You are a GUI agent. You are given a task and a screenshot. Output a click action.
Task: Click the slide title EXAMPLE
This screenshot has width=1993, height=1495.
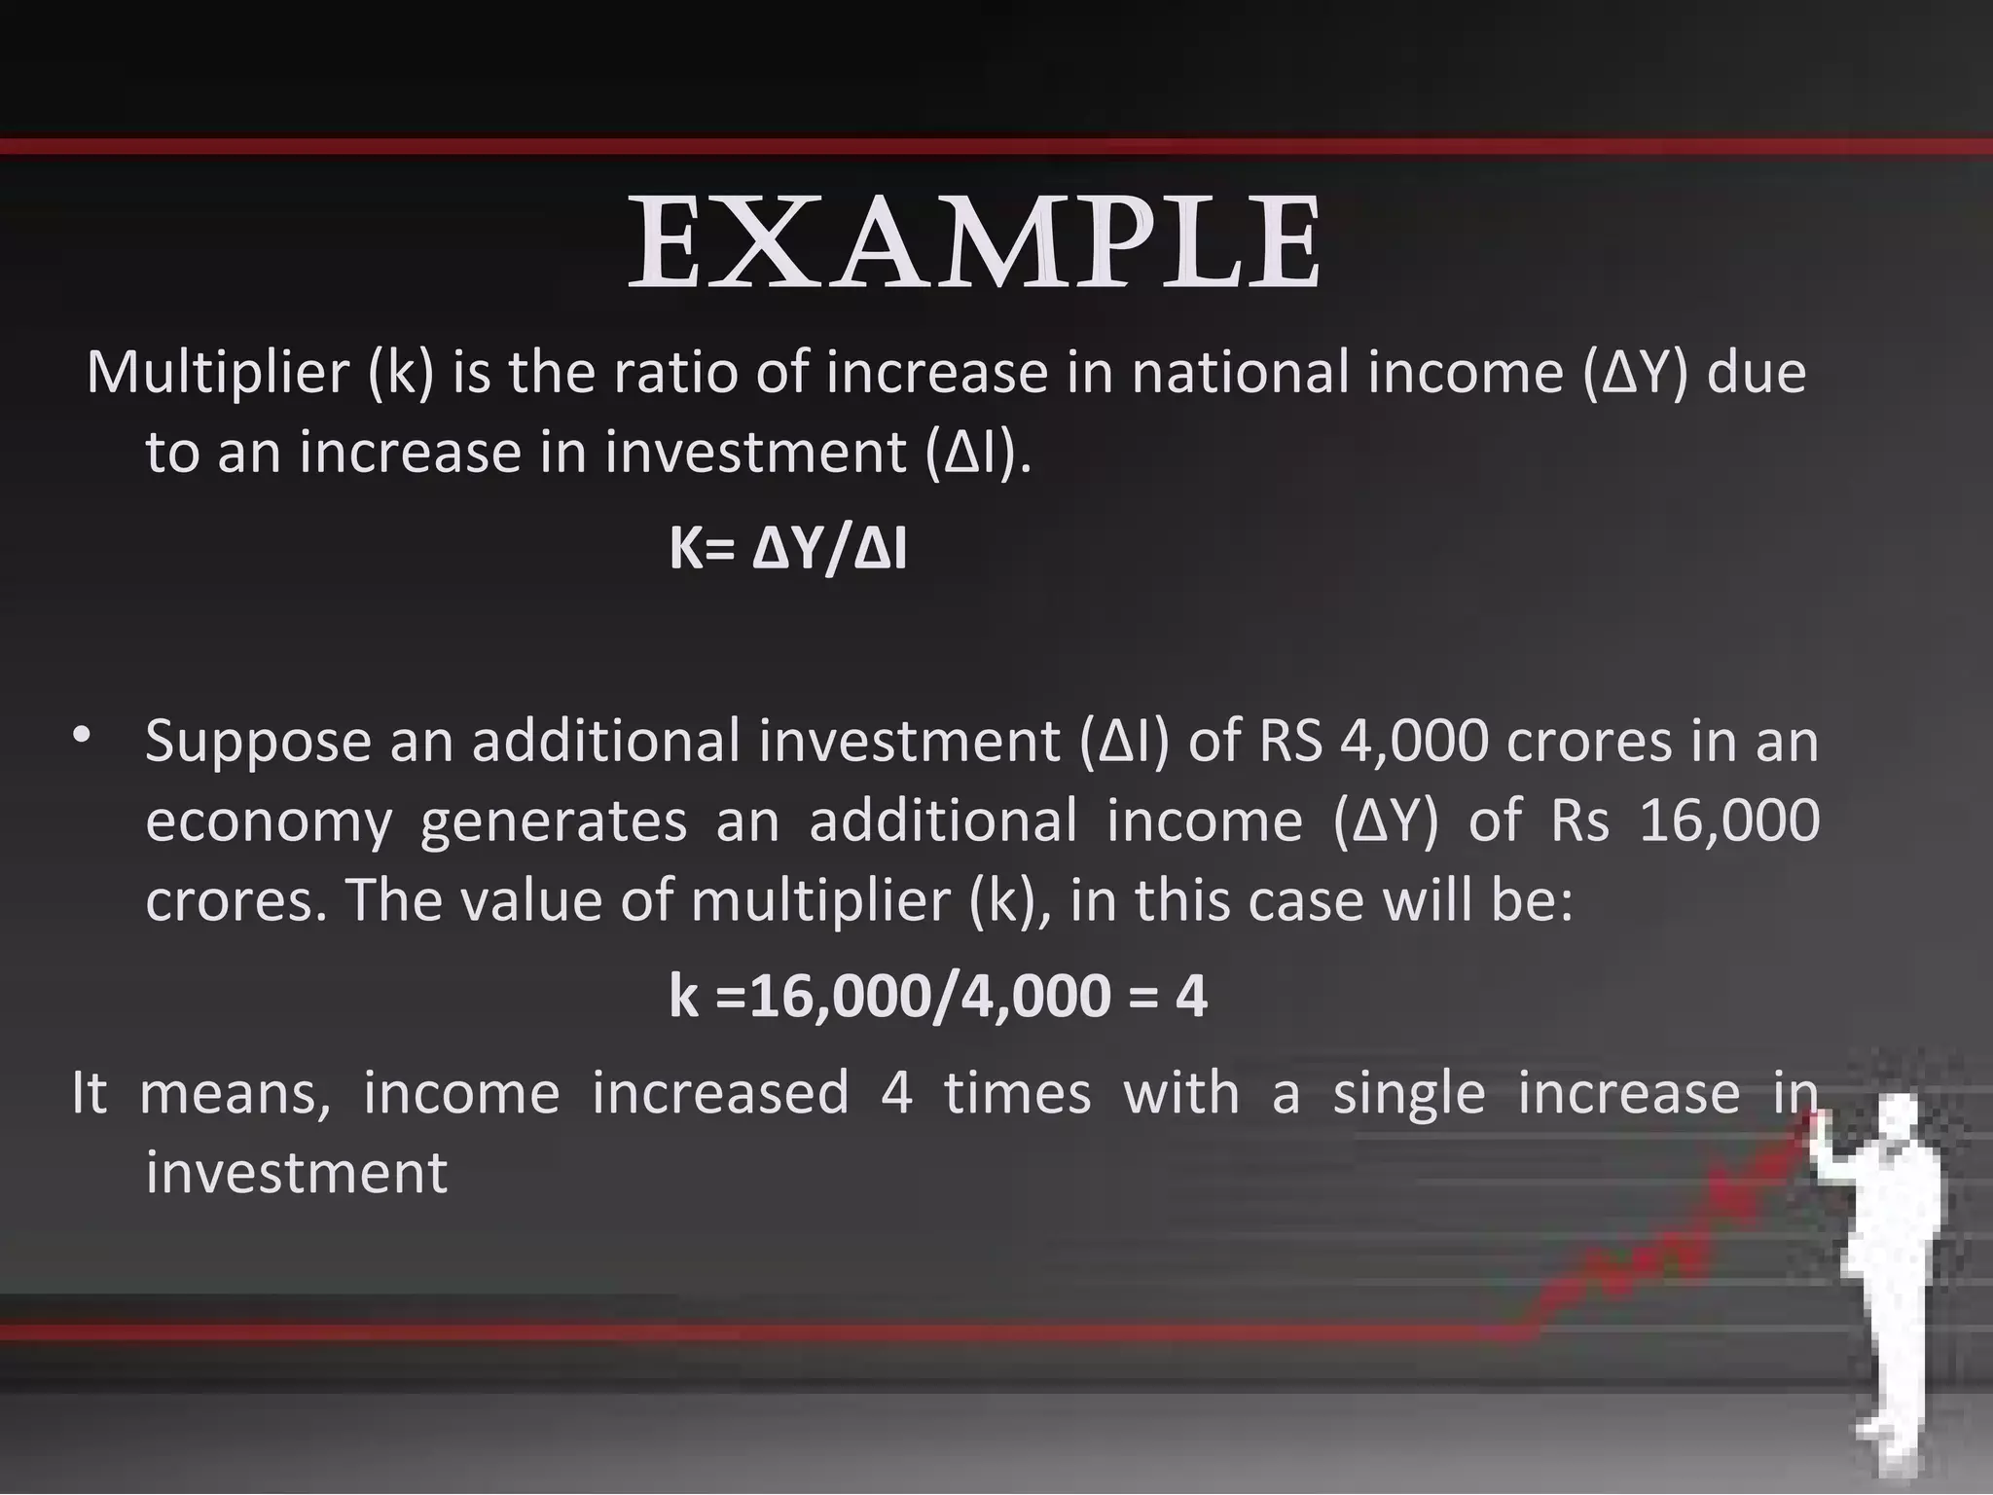tap(975, 243)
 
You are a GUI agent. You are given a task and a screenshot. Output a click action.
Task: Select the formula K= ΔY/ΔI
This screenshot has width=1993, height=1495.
tap(788, 550)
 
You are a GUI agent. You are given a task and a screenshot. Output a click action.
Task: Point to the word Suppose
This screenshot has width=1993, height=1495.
tap(258, 742)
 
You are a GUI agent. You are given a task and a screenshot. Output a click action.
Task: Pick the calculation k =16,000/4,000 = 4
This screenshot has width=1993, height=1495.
tap(938, 997)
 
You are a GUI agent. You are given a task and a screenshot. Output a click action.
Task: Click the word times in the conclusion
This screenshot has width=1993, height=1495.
tap(1017, 1092)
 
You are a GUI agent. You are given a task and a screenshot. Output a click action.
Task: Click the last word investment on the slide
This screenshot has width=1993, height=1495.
tap(296, 1172)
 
